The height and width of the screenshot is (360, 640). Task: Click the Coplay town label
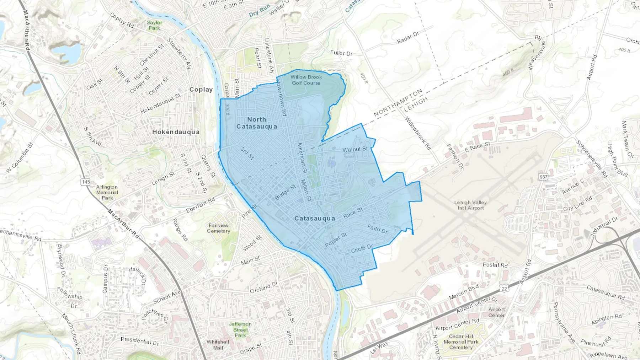coord(201,90)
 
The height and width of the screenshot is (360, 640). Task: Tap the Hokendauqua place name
coord(176,132)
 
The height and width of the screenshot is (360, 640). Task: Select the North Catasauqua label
coord(256,123)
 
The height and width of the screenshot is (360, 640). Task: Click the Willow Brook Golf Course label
coord(306,80)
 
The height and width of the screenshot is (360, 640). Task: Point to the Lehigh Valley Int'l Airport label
coord(470,205)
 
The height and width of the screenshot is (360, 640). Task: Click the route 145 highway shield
coord(86,182)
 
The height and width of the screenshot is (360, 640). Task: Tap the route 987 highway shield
coord(543,177)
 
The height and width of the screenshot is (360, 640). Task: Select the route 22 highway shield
coord(504,289)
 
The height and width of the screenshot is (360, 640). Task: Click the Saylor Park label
coord(154,25)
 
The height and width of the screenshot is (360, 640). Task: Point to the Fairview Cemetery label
coord(219,228)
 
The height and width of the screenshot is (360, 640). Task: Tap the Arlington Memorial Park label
coord(107,192)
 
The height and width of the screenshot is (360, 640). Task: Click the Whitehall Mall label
coord(218,345)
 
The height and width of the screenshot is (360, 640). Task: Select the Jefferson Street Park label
coord(240,329)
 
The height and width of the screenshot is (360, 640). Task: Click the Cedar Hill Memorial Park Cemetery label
coord(461,342)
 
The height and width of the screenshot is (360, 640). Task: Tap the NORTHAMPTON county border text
coord(398,103)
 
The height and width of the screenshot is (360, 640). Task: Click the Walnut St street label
coord(355,149)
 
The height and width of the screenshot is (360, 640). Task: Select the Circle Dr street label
coord(362,248)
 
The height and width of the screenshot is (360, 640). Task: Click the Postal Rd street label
coord(495,265)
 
